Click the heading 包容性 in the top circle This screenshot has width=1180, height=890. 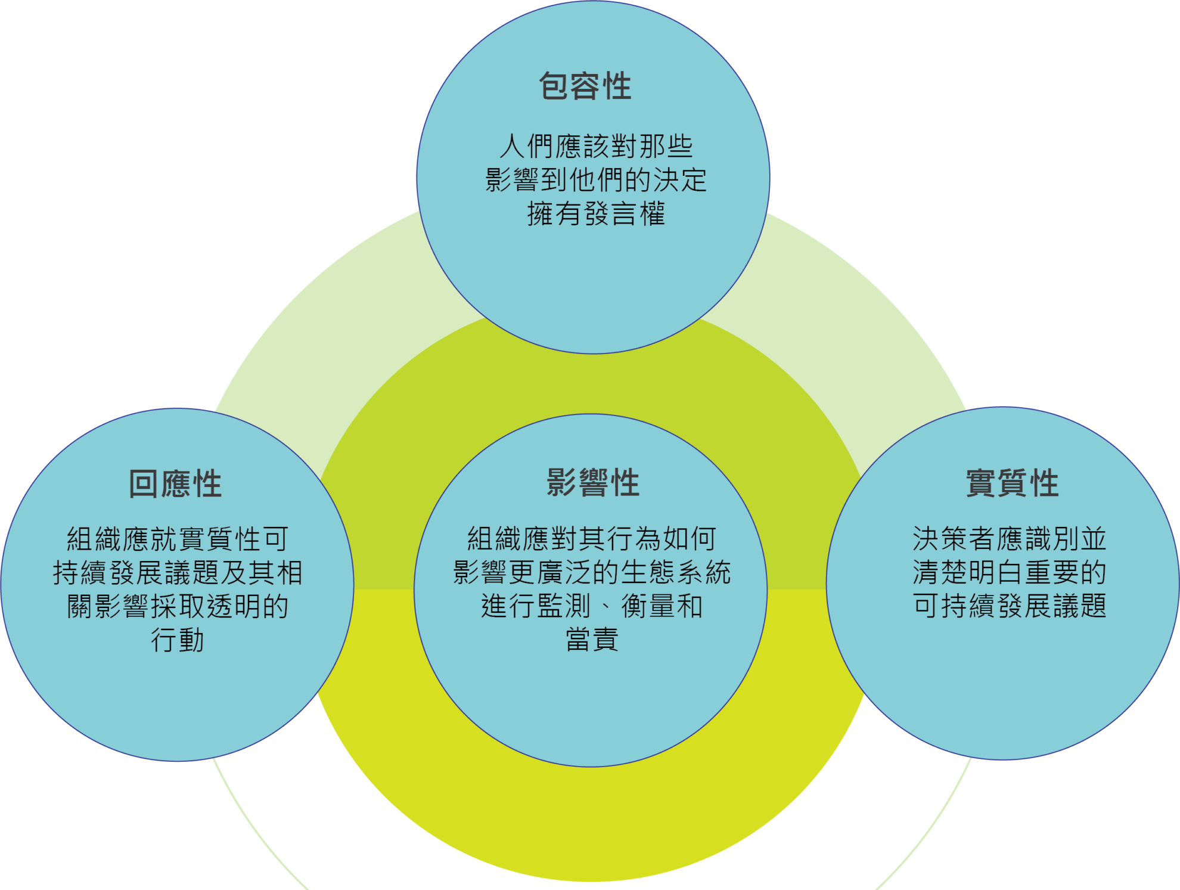pyautogui.click(x=585, y=86)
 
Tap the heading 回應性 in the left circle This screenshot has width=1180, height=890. pyautogui.click(x=176, y=483)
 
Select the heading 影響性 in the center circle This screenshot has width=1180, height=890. pyautogui.click(x=594, y=482)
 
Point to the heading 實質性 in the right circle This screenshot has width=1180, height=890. pyautogui.click(x=1013, y=482)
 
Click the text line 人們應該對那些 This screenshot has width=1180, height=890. pyautogui.click(x=596, y=146)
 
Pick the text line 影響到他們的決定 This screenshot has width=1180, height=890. pyautogui.click(x=596, y=179)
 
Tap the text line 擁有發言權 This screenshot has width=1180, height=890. pyautogui.click(x=596, y=213)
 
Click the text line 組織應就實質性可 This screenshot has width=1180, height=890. pyautogui.click(x=178, y=539)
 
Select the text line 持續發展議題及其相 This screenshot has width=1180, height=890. pyautogui.click(x=178, y=573)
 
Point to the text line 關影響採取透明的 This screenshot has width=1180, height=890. pyautogui.click(x=178, y=606)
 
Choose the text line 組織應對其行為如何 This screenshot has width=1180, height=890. pyautogui.click(x=592, y=538)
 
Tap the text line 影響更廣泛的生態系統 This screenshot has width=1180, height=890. pyautogui.click(x=592, y=572)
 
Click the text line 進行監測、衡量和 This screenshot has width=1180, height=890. pyautogui.click(x=592, y=606)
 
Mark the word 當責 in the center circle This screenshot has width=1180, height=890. pyautogui.click(x=592, y=640)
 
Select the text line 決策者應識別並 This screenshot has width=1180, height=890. pyautogui.click(x=1010, y=539)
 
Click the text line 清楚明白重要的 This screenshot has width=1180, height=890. pyautogui.click(x=1010, y=572)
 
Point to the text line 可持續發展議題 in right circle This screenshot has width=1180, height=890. pyautogui.click(x=1010, y=606)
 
